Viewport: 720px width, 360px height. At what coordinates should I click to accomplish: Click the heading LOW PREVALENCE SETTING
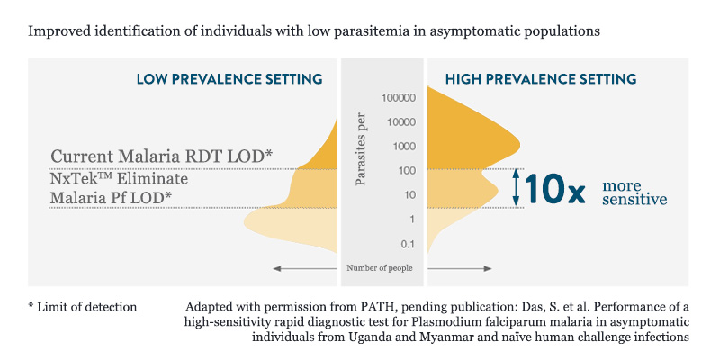click(229, 79)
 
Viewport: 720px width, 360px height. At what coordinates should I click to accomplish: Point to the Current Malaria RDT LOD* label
click(161, 156)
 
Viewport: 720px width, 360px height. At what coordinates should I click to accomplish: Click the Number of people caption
click(382, 268)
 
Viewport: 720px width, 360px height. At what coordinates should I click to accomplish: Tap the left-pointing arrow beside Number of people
click(305, 268)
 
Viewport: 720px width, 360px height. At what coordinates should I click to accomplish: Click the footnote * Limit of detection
click(83, 307)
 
